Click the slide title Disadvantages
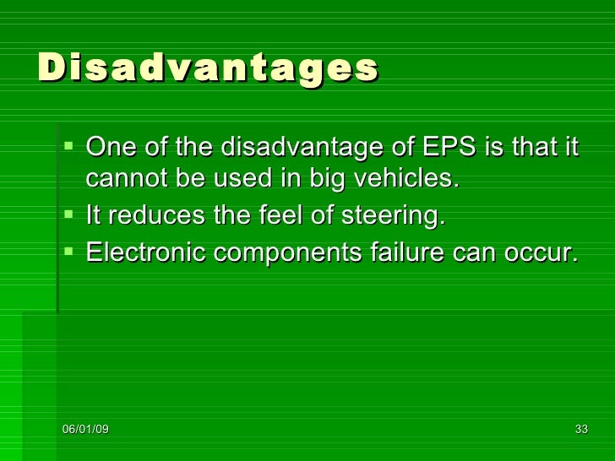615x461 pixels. tap(208, 68)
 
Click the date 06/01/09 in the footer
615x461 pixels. tap(84, 430)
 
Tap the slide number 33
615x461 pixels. tap(581, 430)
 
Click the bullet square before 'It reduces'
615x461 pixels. tap(68, 215)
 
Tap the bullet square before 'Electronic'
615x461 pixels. tap(68, 251)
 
